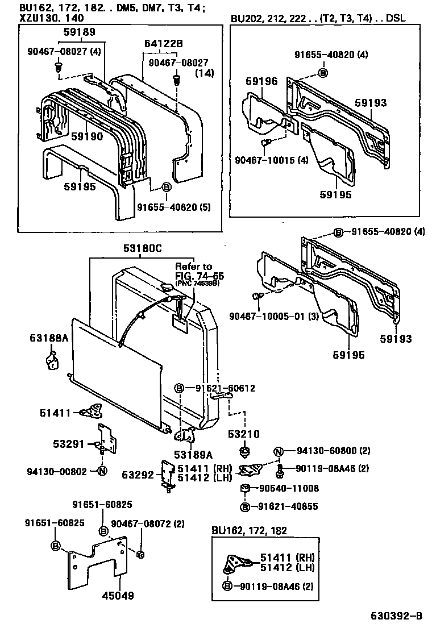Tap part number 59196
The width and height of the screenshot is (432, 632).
(263, 82)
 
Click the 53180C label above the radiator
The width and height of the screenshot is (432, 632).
(142, 248)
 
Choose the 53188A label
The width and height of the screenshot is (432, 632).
(49, 338)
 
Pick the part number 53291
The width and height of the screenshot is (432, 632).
(69, 443)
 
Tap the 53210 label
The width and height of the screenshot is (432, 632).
(245, 435)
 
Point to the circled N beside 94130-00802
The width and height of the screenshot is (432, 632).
(102, 471)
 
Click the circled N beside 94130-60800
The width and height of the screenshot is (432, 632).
(278, 451)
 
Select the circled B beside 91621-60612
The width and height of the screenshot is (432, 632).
(178, 388)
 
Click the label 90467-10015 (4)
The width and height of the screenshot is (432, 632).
(272, 160)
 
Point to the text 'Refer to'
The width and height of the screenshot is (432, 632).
(193, 266)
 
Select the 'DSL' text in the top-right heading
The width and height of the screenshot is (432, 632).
(396, 19)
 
